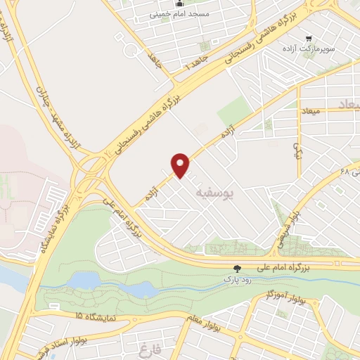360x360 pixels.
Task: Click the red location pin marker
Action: click(181, 165)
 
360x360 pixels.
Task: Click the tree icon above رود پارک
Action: click(237, 268)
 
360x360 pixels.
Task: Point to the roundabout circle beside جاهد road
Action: click(131, 51)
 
